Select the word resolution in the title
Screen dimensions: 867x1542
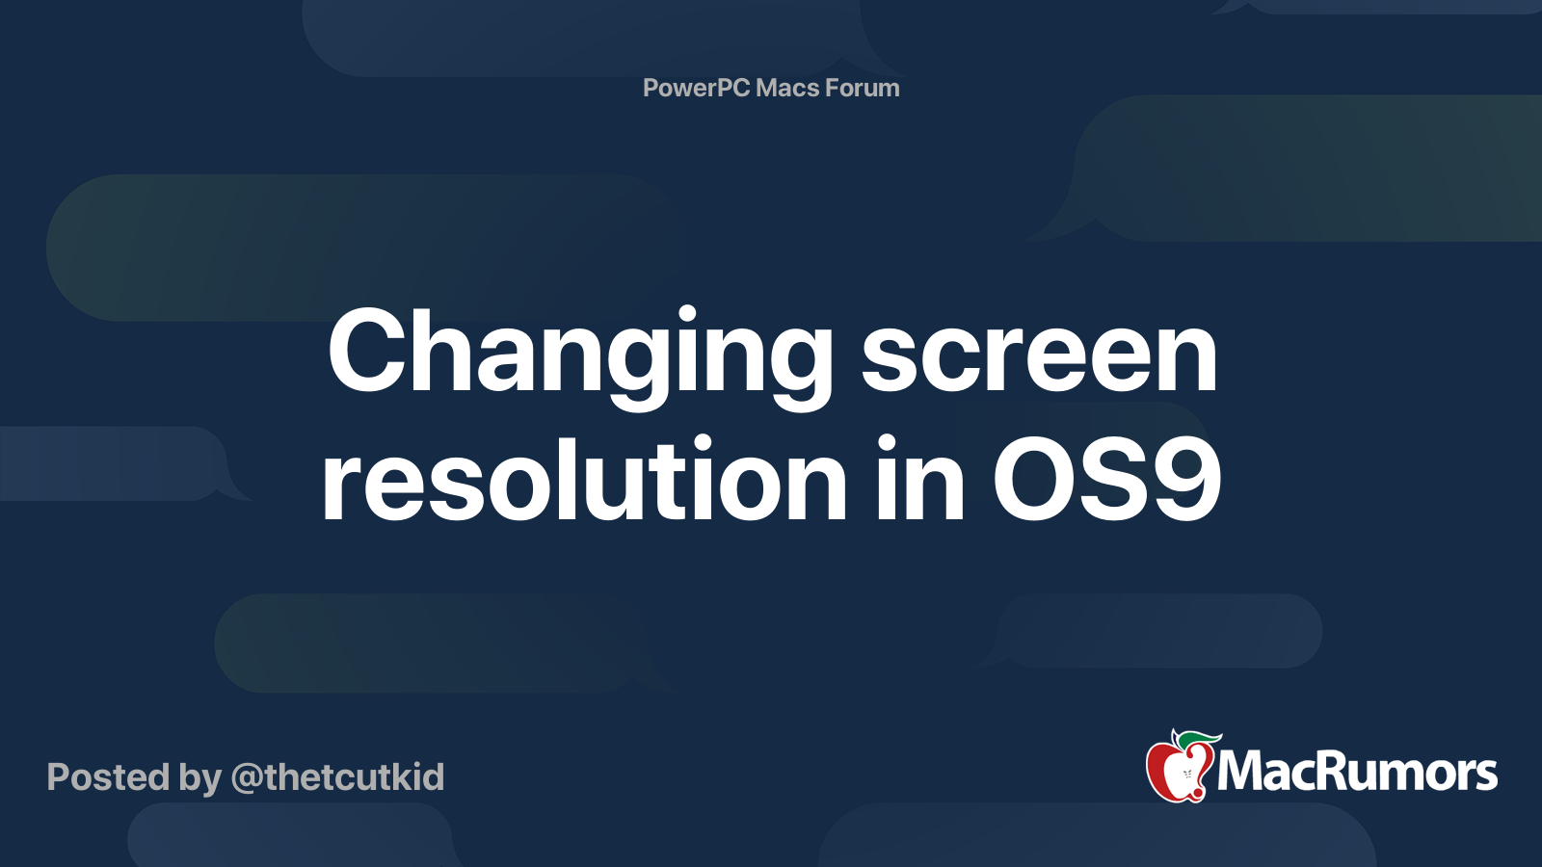(584, 480)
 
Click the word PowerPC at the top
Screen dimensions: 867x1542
(696, 88)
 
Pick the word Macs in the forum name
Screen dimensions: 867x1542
(787, 88)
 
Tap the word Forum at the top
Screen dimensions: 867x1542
(864, 88)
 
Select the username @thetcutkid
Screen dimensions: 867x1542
(337, 777)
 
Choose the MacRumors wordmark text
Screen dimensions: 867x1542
(1357, 772)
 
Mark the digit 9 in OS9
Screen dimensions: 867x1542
(1185, 480)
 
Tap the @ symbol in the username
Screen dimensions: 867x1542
(248, 778)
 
